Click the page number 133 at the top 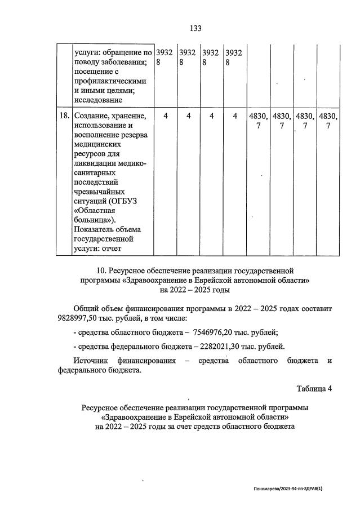pyautogui.click(x=195, y=28)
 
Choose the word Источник pyautogui.click(x=92, y=360)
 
